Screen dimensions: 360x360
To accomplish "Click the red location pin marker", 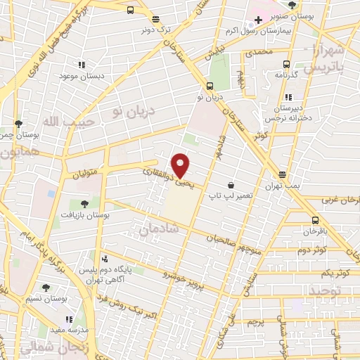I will coord(181,165).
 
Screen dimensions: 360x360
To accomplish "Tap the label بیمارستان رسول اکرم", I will coord(282,32).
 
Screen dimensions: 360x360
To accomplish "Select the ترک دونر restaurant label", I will coord(155,30).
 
